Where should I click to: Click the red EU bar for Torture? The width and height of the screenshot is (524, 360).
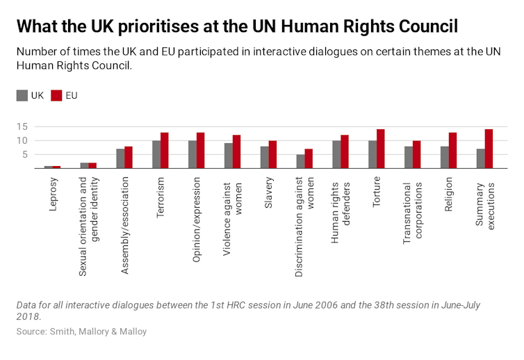coord(381,149)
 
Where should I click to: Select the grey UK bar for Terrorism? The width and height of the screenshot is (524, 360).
coord(156,154)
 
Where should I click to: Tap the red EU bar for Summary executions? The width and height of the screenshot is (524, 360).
coord(489,149)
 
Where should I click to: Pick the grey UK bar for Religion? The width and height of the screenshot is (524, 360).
coord(445,157)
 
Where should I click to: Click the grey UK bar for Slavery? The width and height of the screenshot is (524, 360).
coord(265,157)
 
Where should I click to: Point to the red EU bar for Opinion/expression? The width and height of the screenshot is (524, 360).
coord(201,150)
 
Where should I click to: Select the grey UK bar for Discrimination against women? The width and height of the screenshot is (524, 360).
coord(301,161)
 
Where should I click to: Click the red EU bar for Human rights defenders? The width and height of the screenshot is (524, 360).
coord(345,152)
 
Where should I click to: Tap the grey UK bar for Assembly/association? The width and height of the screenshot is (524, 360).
coord(120,158)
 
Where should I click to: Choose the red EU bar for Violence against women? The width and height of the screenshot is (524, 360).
coord(236,152)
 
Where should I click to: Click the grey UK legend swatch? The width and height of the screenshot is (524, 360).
coord(22,96)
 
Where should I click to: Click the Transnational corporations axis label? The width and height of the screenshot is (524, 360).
coord(414,212)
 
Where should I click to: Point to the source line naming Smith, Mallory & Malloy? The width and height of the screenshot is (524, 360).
coord(82,332)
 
